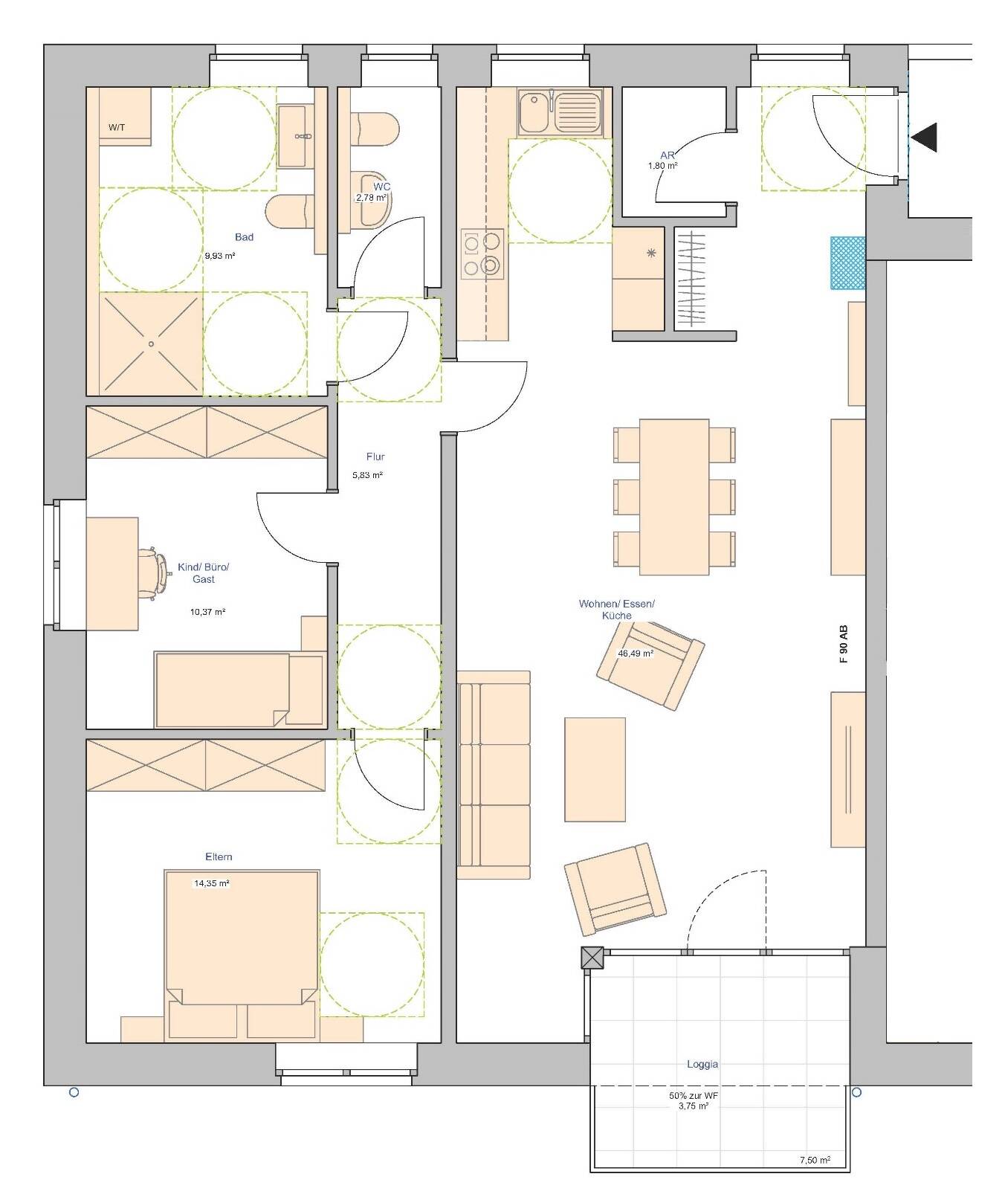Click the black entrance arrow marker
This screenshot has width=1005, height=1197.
coord(925,138)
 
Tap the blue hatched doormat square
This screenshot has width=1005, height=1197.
coord(848,262)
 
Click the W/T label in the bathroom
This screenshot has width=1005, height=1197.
coord(117,127)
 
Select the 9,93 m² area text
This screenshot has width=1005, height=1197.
coord(220,256)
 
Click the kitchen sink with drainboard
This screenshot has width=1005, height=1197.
coord(560,112)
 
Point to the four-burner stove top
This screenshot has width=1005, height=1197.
coord(482,254)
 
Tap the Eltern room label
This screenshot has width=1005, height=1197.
coord(219,856)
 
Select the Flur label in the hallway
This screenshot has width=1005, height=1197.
coord(375,456)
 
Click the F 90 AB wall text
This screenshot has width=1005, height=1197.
coord(843,644)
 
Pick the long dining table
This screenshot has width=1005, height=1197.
coord(673,497)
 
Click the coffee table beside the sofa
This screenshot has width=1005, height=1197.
coord(595,769)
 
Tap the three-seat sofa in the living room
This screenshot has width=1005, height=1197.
coord(494,775)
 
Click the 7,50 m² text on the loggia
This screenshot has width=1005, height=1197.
coord(815,1160)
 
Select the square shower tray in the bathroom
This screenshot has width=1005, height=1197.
coord(151,343)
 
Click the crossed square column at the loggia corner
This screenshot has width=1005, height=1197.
coord(592,958)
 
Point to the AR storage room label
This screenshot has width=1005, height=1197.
coord(667,155)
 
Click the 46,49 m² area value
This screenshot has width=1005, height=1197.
coord(636,654)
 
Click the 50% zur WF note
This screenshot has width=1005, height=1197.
coord(693,1096)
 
